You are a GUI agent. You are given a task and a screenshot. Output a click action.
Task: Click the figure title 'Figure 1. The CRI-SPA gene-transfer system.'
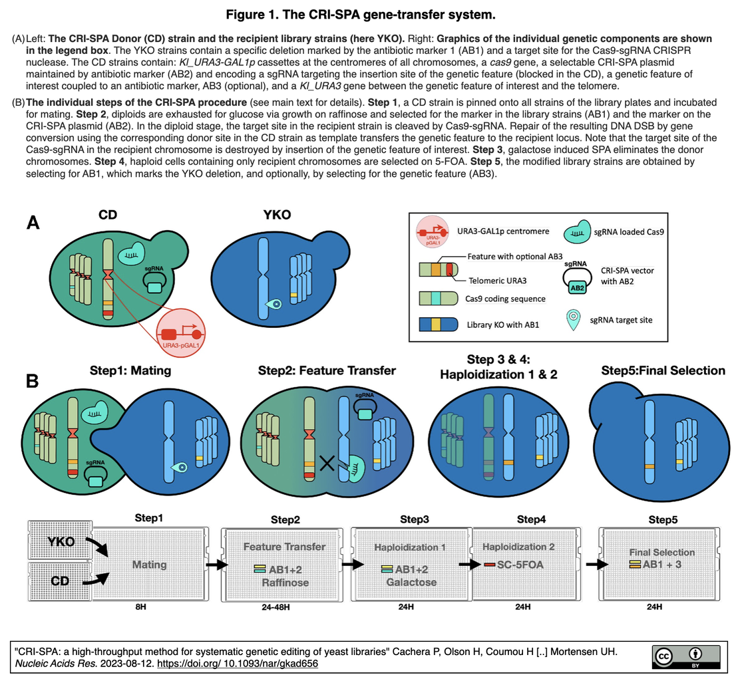(369, 14)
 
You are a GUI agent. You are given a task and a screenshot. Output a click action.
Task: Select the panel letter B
(33, 380)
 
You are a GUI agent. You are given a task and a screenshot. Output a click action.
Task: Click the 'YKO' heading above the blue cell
(276, 216)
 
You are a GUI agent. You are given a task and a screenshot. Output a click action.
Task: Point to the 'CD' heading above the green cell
(108, 216)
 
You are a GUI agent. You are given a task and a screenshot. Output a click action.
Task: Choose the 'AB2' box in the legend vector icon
(576, 287)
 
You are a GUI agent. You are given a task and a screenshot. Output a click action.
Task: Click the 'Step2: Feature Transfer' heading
(327, 370)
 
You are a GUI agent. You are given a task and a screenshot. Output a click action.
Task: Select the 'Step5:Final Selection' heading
(663, 370)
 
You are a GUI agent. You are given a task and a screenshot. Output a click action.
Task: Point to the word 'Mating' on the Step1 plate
(149, 565)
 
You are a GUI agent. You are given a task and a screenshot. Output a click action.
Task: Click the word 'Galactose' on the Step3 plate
(411, 582)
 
